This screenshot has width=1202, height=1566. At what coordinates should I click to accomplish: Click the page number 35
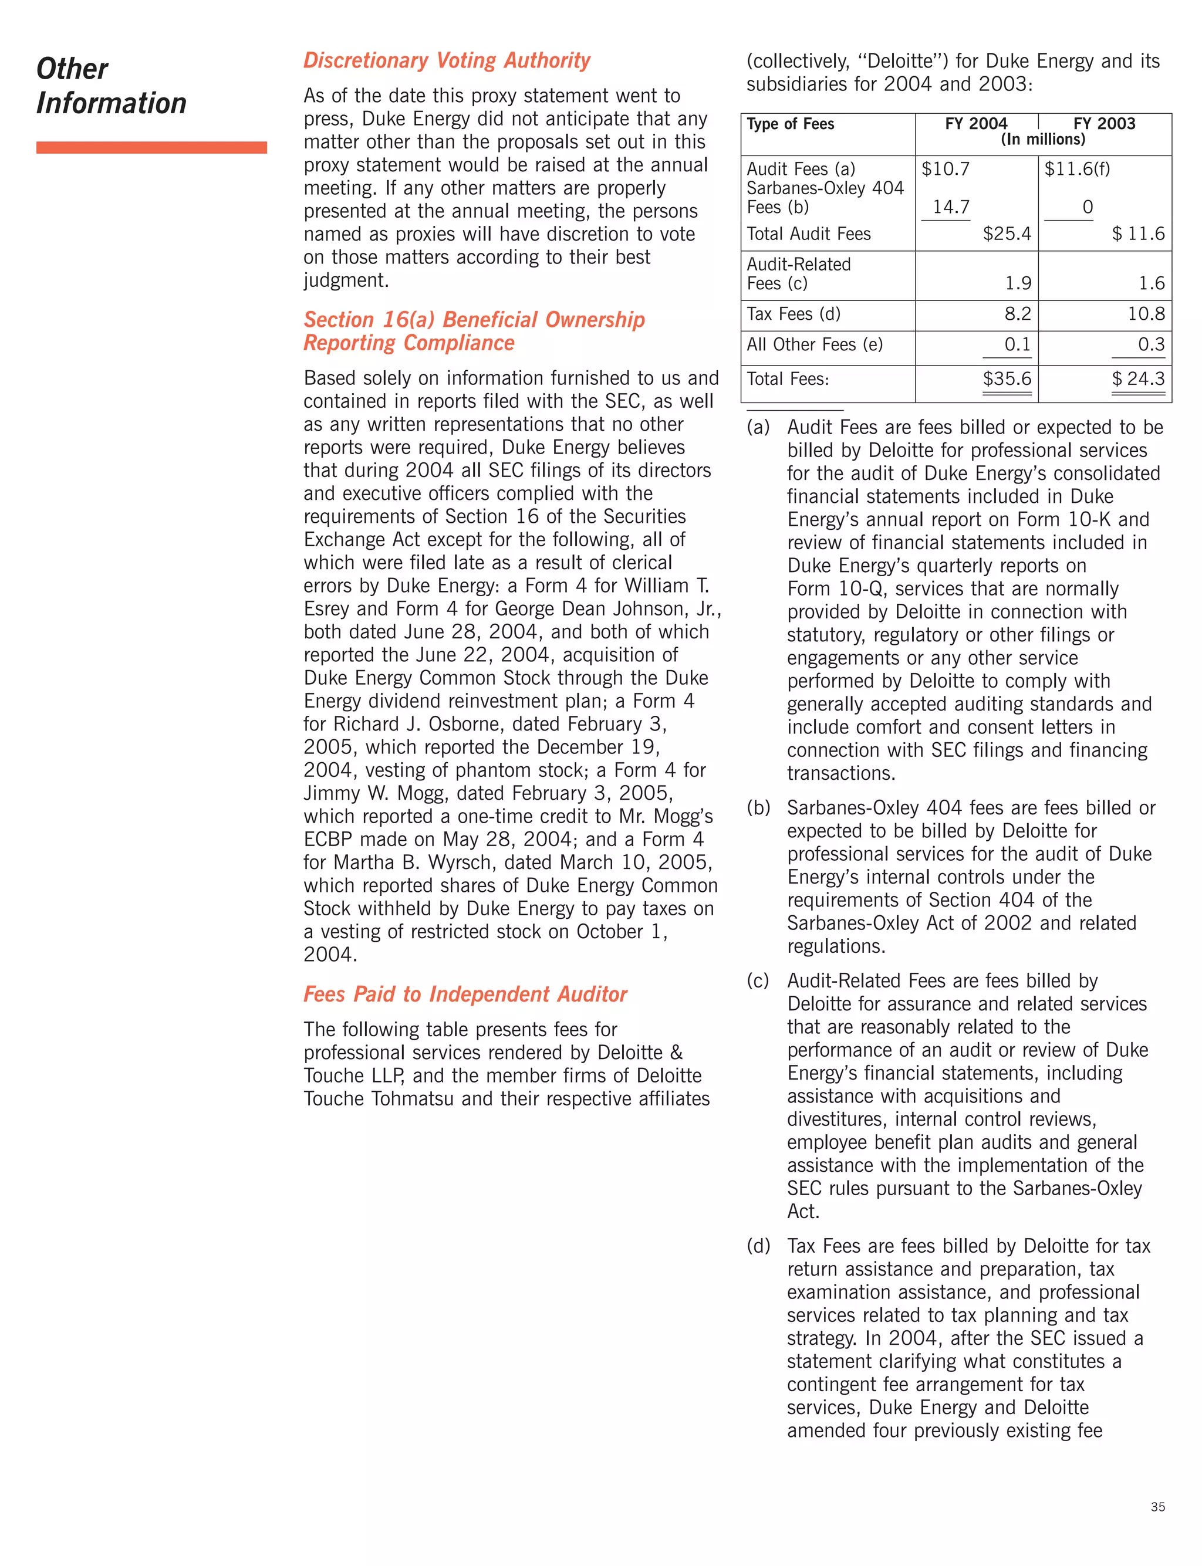point(1157,1507)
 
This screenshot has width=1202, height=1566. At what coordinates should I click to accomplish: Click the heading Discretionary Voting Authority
point(447,61)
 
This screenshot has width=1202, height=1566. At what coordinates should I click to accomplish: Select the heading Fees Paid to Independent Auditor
point(465,994)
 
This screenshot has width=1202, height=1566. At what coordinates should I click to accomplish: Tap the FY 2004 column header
point(976,124)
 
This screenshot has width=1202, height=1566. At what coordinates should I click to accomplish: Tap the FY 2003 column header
point(1104,124)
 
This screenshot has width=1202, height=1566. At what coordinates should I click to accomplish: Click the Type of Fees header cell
point(790,124)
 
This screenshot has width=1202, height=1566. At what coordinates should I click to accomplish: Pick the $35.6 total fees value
point(1007,378)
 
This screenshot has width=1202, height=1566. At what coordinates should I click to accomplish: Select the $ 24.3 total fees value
point(1137,378)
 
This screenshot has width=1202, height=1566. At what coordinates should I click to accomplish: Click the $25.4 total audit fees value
point(1007,234)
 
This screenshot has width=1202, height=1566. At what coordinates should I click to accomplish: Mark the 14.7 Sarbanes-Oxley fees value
point(951,207)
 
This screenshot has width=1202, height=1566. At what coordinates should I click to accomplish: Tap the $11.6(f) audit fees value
point(1077,169)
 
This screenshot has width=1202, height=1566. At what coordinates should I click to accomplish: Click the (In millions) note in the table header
point(1042,140)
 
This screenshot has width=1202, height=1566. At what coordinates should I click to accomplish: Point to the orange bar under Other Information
point(151,147)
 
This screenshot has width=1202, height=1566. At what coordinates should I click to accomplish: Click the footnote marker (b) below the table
point(758,807)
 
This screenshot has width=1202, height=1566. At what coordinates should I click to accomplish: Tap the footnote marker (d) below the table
point(758,1246)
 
